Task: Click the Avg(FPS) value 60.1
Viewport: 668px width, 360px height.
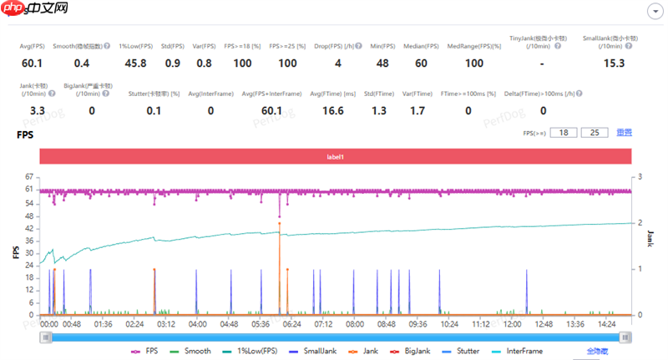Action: click(x=32, y=63)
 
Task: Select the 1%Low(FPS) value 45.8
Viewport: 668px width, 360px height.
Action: click(x=135, y=63)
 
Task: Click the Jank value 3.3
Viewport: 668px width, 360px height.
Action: click(x=37, y=109)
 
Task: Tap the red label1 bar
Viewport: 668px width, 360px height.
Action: click(x=334, y=157)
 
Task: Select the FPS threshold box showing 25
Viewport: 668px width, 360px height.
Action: click(x=595, y=133)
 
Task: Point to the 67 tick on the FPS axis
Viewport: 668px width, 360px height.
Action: click(x=28, y=177)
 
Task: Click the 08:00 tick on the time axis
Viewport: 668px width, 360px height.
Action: click(x=355, y=323)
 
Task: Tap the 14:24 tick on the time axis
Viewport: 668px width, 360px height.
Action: click(x=606, y=323)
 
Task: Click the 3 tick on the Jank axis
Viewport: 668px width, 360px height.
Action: click(x=639, y=177)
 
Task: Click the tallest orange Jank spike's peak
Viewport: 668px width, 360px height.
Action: click(x=279, y=223)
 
